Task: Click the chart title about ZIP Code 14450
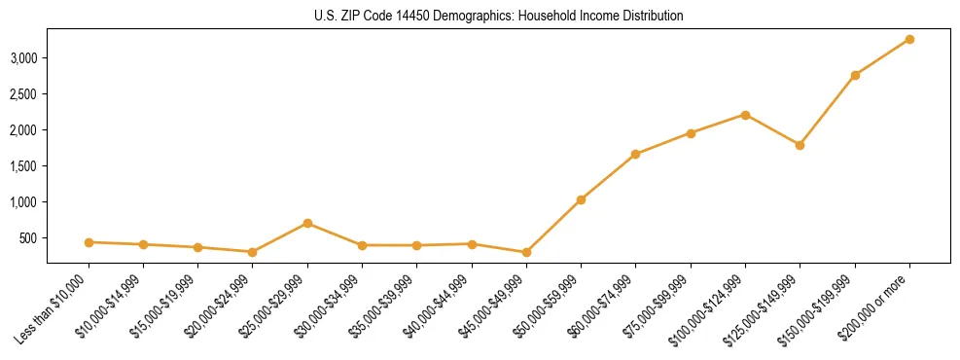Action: coord(499,16)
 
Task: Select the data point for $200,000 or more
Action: coord(909,39)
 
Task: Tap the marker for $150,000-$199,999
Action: coord(855,75)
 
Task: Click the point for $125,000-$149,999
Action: coord(800,145)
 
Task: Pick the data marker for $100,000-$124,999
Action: coord(745,115)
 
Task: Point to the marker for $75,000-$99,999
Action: coord(691,133)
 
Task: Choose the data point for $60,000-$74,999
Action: coord(635,154)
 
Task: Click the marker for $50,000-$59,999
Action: coord(581,199)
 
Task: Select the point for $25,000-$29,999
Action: coord(307,223)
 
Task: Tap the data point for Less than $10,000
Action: coord(89,242)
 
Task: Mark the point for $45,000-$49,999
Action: coord(526,252)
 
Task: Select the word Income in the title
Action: coord(600,16)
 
